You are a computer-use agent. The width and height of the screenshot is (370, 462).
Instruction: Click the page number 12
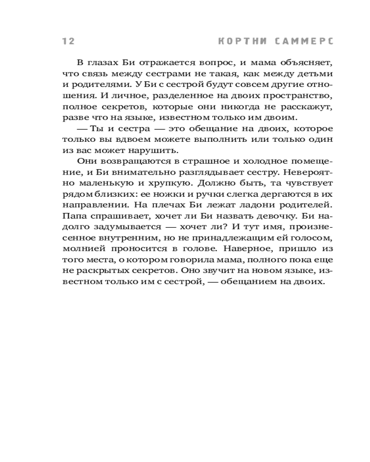tap(68, 41)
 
